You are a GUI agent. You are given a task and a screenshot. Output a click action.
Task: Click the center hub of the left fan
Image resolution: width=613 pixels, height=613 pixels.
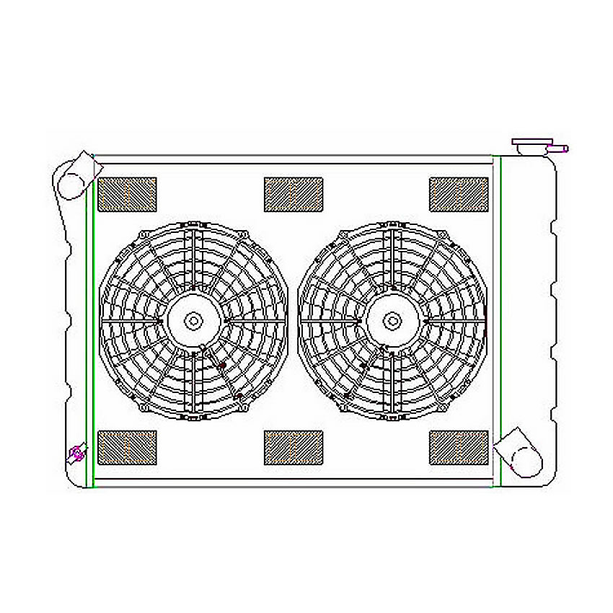point(193,320)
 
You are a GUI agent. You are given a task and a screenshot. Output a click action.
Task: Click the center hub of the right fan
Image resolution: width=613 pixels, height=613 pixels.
point(392,320)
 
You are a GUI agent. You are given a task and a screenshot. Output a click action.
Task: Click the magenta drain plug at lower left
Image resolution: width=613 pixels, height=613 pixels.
point(76,454)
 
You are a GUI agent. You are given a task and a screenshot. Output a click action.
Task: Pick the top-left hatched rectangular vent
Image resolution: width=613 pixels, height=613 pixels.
point(127,194)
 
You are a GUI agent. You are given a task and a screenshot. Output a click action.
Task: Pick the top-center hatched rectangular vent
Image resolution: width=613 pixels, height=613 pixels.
point(293,194)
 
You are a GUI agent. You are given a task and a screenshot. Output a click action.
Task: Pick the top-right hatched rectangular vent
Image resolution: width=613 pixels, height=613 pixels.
point(459,194)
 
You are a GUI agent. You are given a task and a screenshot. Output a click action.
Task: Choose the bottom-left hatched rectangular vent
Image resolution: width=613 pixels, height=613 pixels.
point(127,447)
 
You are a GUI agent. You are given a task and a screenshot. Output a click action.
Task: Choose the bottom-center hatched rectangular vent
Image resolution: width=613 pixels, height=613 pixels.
point(293,447)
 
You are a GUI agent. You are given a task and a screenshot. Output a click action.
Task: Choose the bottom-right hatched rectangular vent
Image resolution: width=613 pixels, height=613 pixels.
point(459,447)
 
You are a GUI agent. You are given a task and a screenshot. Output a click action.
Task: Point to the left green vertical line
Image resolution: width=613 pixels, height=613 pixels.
point(87,325)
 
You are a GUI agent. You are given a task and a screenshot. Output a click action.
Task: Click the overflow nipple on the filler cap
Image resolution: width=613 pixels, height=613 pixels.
point(560,149)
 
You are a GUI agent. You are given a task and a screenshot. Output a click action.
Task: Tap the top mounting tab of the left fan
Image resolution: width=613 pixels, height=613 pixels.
point(193,224)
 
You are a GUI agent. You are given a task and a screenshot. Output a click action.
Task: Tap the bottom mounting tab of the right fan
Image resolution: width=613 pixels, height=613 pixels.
point(392,418)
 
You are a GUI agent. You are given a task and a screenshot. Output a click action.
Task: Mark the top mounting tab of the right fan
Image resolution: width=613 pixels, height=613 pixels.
point(392,224)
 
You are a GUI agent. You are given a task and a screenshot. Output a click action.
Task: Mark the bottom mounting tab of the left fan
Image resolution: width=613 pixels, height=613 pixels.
point(193,418)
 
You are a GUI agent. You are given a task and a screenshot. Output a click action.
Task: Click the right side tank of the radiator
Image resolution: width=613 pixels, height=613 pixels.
point(530,325)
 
